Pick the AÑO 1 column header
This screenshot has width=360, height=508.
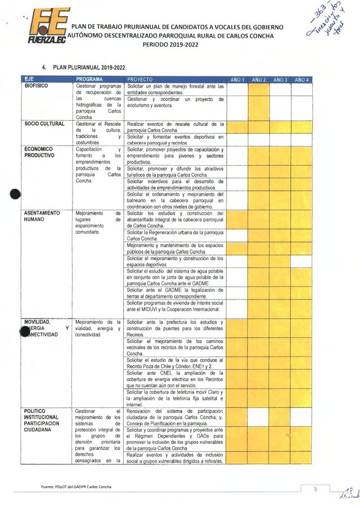pos(237,79)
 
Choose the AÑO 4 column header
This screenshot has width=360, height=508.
pos(301,79)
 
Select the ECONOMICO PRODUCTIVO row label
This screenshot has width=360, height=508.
pos(39,153)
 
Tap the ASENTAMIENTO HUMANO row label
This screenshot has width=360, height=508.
pos(42,217)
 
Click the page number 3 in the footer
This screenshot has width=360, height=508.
pos(316,489)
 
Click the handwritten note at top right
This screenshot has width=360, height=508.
pos(327,25)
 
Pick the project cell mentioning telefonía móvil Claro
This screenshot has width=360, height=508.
pos(175,395)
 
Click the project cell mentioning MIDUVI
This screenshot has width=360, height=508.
pos(175,306)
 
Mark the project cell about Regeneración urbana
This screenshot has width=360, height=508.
pos(175,235)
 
